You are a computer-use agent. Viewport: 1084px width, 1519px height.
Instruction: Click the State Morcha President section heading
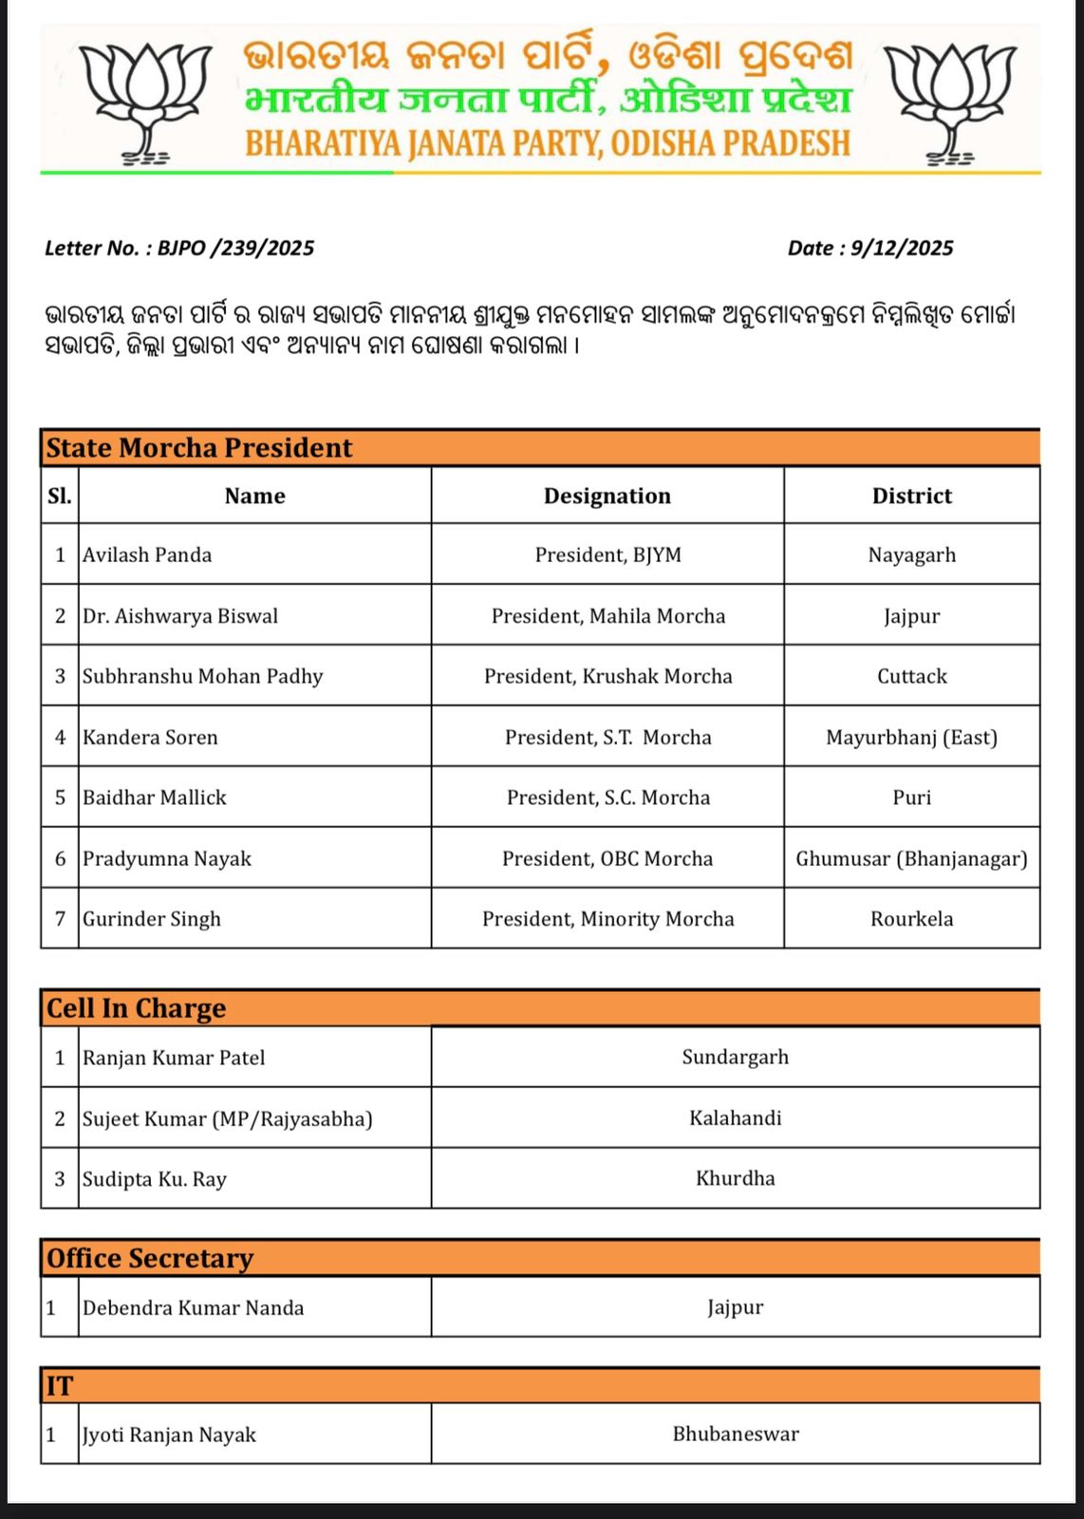(199, 448)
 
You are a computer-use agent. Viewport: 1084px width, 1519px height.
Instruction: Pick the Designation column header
(607, 496)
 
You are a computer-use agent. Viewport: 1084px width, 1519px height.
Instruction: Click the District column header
(911, 496)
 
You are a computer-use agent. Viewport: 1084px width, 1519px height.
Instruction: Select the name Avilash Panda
(147, 554)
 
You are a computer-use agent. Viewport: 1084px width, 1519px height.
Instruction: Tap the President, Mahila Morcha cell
(607, 616)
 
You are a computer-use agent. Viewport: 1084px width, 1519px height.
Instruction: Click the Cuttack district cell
(911, 676)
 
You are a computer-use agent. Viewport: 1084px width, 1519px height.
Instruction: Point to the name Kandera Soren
(150, 737)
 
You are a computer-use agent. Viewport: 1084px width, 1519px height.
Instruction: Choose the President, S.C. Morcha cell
(607, 797)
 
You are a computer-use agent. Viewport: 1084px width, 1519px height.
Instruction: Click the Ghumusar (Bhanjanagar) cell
(911, 858)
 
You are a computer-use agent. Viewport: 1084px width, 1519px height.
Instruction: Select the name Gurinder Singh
(152, 919)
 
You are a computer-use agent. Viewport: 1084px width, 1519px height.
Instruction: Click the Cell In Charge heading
(137, 1008)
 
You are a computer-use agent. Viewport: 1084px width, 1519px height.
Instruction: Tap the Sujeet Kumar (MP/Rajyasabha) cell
(228, 1118)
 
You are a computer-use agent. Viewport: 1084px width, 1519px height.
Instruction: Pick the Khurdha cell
(736, 1178)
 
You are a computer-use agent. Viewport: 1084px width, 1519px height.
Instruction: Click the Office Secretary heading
(150, 1258)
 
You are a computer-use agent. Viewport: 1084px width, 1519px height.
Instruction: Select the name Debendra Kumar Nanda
(194, 1308)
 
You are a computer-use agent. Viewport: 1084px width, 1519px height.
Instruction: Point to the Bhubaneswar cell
(736, 1434)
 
